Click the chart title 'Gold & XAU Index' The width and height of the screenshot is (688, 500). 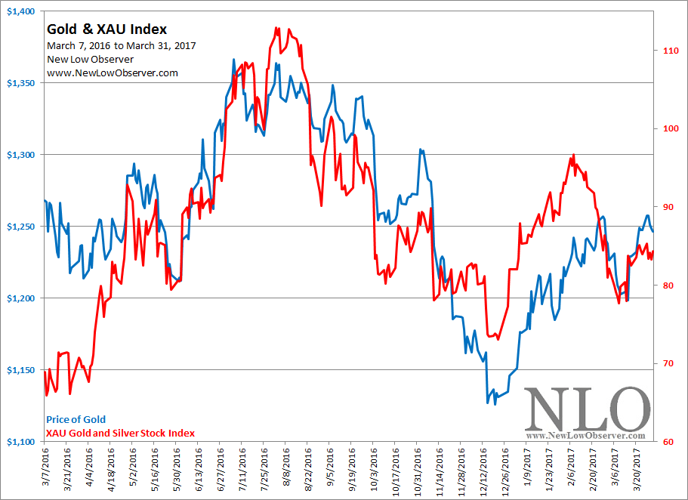106,29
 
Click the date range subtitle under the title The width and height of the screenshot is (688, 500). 122,45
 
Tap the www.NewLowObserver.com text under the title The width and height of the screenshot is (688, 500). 113,73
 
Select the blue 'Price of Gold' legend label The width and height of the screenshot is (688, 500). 76,419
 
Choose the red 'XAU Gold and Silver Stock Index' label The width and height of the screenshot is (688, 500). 120,433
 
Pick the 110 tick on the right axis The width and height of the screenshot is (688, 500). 668,50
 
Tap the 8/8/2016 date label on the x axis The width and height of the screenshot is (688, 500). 286,469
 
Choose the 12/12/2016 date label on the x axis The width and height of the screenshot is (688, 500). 483,471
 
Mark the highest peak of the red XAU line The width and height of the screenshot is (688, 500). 277,28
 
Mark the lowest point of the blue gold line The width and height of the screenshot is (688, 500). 488,403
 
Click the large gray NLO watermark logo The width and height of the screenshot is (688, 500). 586,409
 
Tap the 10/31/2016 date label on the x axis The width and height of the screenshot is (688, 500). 418,471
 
